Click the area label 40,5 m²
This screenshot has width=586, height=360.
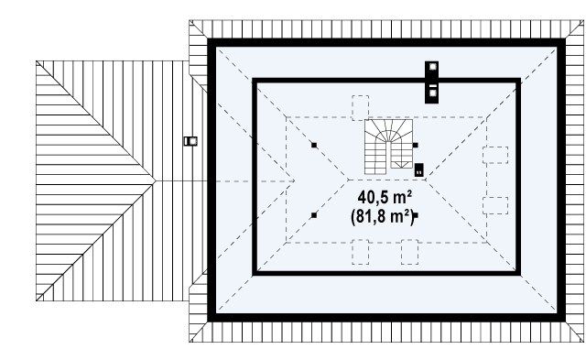pos(385,197)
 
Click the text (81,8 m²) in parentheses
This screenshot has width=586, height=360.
pos(383,216)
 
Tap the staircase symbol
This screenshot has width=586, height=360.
pos(388,147)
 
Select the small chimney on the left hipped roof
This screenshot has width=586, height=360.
pos(190,141)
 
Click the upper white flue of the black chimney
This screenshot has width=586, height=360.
pos(432,67)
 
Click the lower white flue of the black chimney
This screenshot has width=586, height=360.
pos(432,93)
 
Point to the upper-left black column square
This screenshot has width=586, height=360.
pos(314,145)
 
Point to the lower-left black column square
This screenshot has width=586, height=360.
pos(314,215)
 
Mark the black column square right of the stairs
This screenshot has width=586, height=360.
pos(415,145)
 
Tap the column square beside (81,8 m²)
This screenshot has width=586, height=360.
pos(416,215)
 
